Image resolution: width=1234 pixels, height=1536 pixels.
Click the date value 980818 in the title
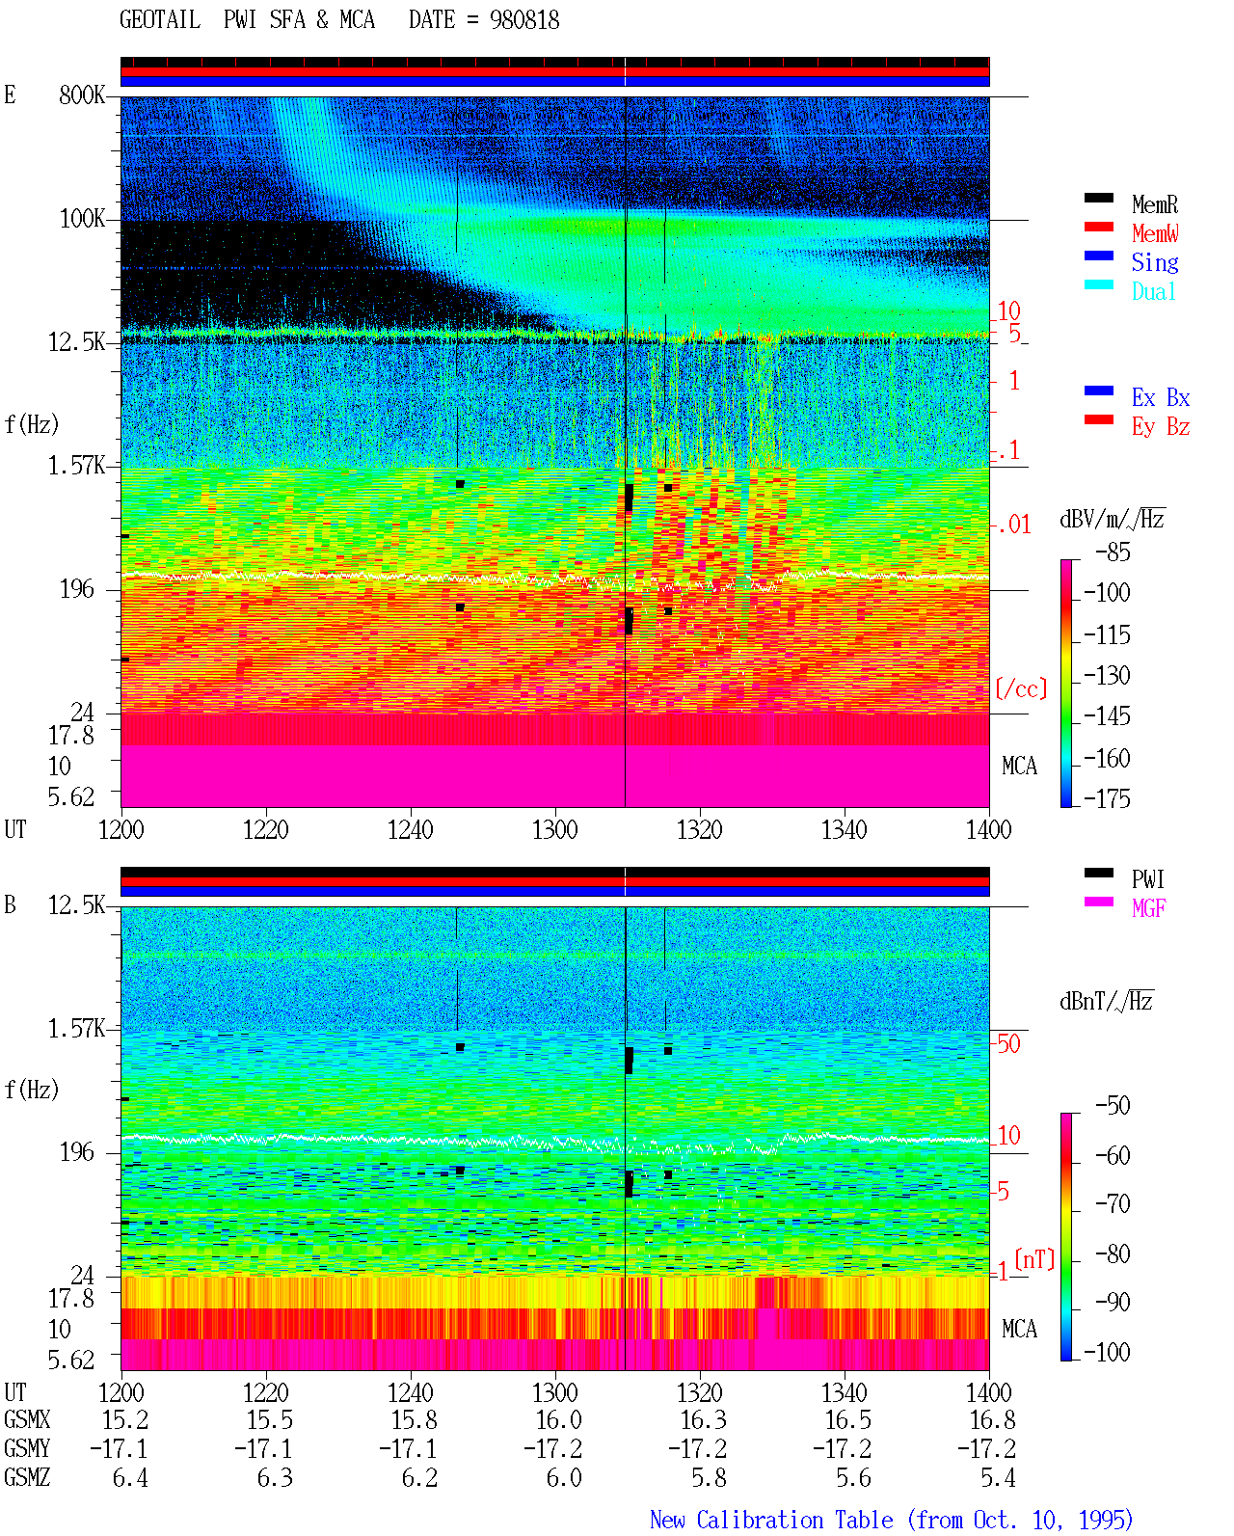(523, 20)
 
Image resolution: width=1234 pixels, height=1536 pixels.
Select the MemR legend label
(1154, 204)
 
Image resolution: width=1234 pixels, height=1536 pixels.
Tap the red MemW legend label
(1155, 233)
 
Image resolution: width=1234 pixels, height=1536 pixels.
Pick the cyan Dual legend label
(1153, 291)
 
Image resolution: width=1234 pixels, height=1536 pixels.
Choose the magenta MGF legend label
(1148, 908)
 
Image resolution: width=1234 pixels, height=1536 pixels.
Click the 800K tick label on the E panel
(81, 94)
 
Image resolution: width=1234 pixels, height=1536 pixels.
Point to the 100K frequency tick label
(81, 219)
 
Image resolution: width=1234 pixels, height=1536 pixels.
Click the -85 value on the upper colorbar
(1113, 552)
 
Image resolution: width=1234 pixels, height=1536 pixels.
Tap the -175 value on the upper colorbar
(1107, 798)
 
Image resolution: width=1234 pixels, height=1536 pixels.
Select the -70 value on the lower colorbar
(1113, 1204)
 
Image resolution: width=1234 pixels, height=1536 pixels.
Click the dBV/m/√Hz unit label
(1112, 519)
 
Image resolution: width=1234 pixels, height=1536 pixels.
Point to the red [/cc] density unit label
(1021, 688)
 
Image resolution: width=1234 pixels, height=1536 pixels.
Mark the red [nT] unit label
(1034, 1259)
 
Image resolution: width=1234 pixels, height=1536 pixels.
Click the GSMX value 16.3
(703, 1420)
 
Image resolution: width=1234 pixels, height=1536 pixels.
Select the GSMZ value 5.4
(998, 1477)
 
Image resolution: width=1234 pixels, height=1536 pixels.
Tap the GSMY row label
(27, 1449)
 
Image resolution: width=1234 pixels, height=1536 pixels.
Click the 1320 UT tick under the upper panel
(700, 830)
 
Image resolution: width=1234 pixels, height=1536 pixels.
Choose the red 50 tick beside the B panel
(1008, 1044)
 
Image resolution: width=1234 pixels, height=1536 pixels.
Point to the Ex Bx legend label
(1161, 397)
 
